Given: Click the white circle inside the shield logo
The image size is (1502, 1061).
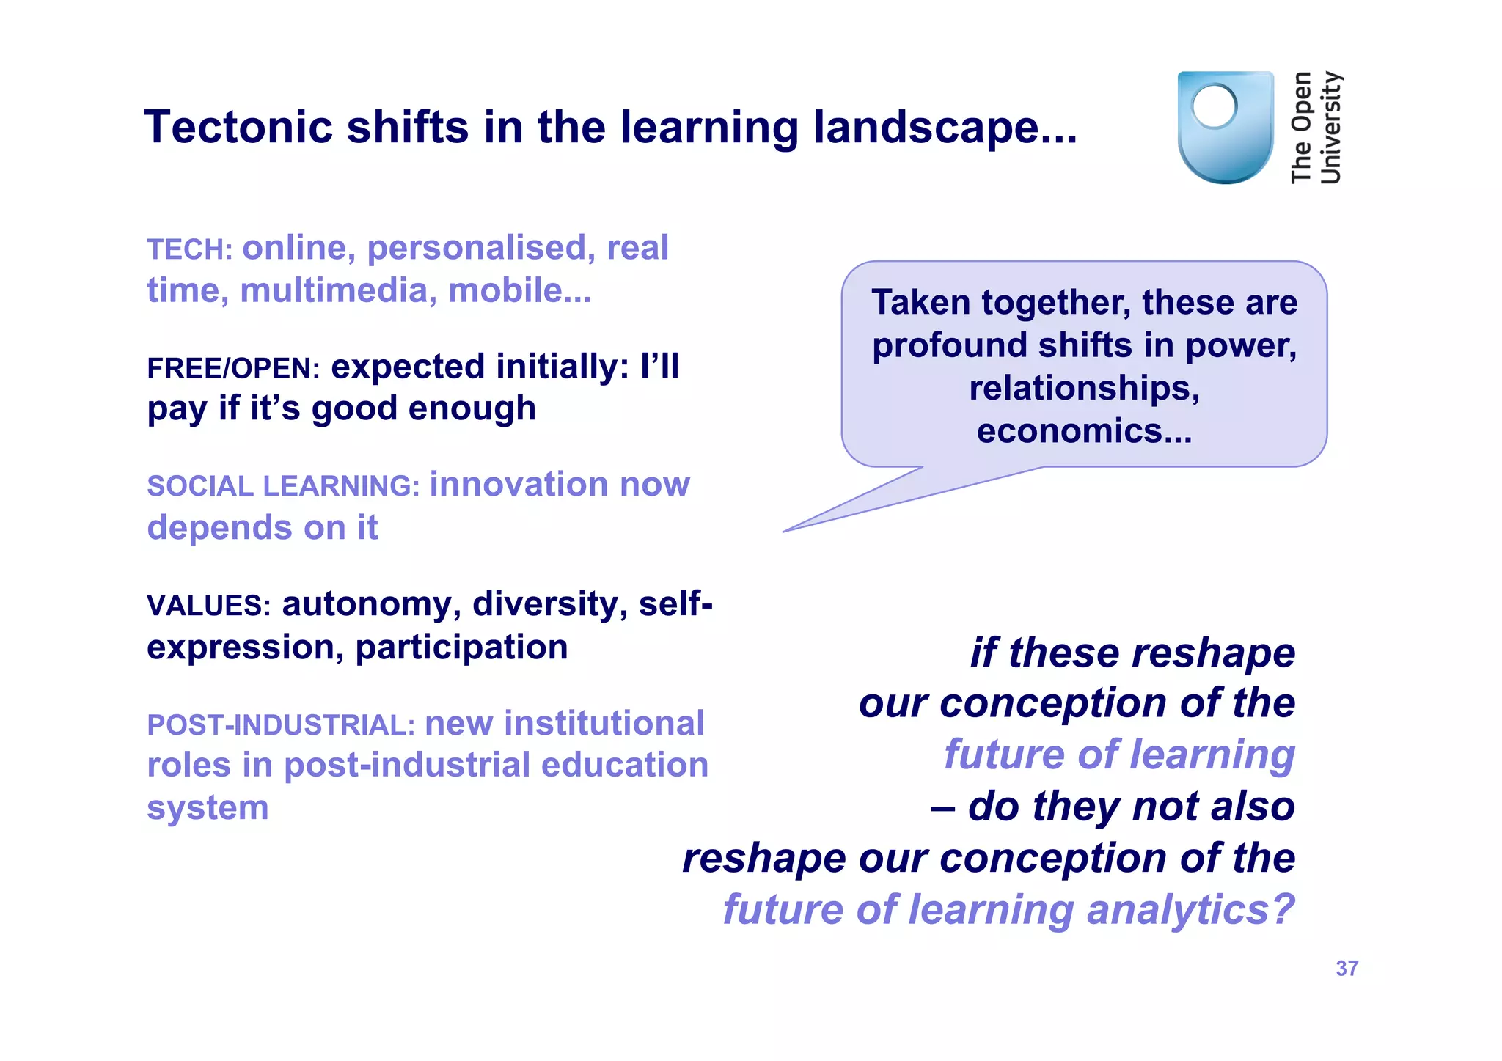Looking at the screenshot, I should click(1214, 106).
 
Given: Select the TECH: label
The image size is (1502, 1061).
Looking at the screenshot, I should click(189, 250).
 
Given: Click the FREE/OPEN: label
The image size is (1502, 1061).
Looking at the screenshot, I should click(233, 369).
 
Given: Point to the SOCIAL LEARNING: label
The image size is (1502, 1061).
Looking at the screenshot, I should click(282, 487).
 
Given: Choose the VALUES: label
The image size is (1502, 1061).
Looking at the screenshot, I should click(209, 606).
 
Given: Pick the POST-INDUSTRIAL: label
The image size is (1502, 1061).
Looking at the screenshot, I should click(281, 725).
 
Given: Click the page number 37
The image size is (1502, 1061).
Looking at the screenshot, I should click(1347, 969).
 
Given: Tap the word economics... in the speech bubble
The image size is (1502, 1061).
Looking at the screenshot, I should click(1084, 431).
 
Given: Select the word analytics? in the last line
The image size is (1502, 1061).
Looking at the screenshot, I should click(1190, 910).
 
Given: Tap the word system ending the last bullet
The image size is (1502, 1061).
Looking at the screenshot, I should click(208, 808).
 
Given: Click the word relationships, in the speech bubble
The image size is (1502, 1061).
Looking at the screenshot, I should click(1084, 388).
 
